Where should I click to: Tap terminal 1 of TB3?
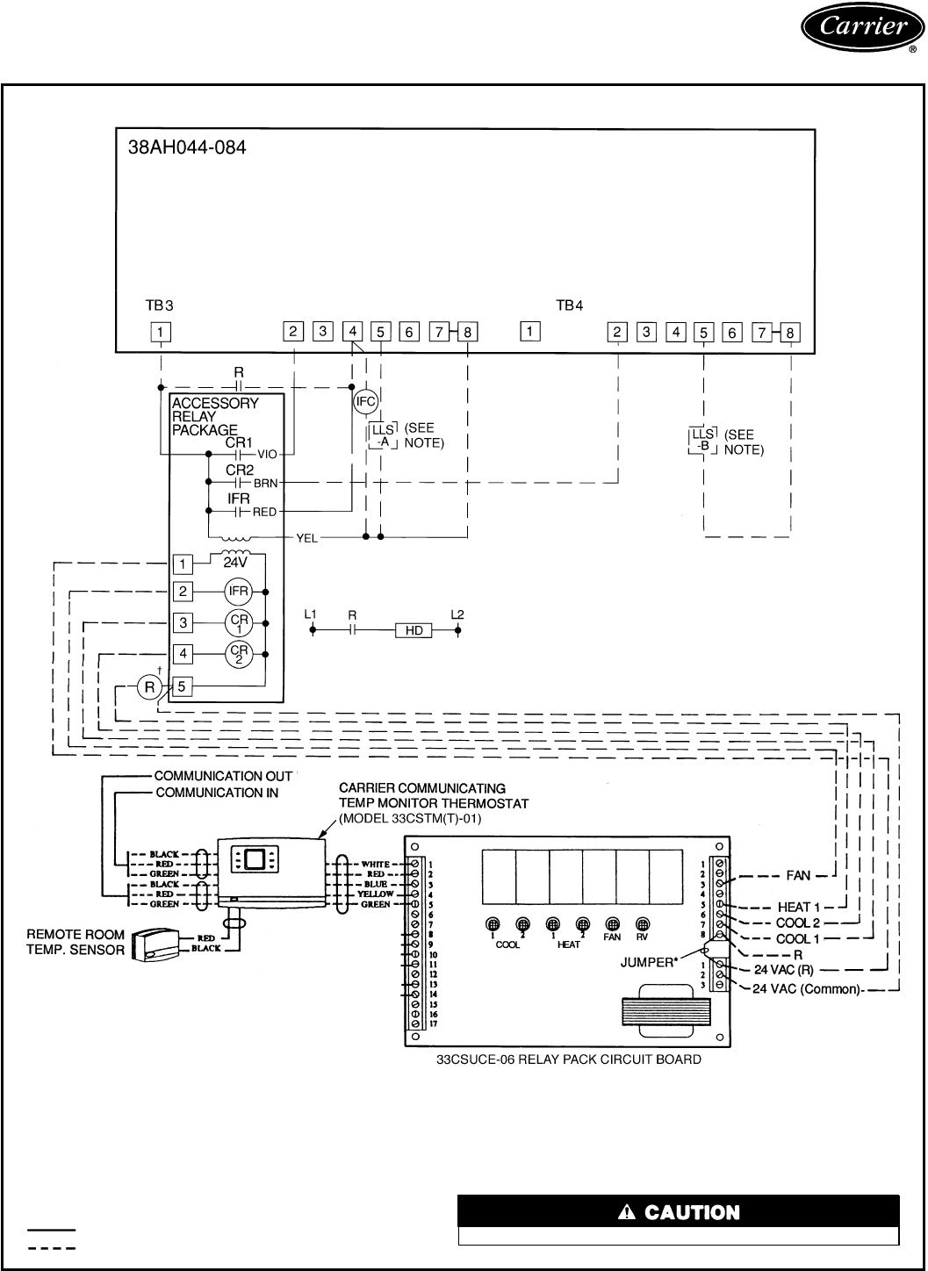(161, 332)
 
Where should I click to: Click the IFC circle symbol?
(365, 402)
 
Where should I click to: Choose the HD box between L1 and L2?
(414, 630)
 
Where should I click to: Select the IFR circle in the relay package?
(238, 592)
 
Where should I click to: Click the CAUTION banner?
(679, 1212)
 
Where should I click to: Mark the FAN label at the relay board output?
(797, 875)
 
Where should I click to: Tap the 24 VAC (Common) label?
(809, 988)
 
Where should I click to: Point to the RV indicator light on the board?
(643, 924)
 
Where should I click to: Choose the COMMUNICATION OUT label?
(223, 776)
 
